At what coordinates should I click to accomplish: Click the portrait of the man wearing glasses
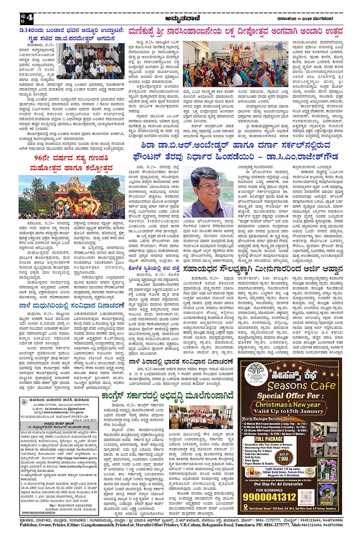click(208, 192)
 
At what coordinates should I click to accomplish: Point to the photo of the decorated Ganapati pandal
click(71, 197)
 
